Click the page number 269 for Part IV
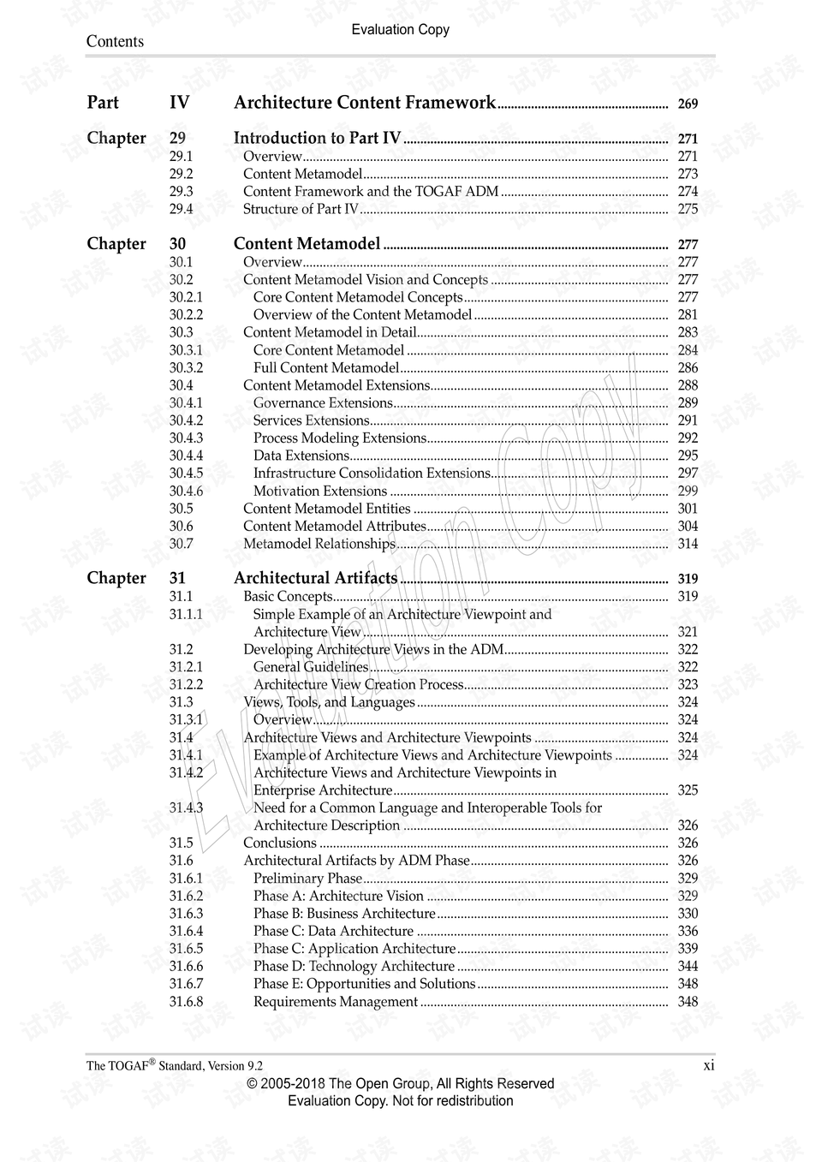point(688,104)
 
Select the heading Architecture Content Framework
point(364,103)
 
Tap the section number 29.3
point(181,192)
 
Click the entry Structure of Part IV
point(301,209)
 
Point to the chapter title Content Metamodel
point(307,244)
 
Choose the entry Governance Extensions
point(323,402)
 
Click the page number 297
point(688,473)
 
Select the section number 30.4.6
point(186,491)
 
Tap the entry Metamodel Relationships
point(319,544)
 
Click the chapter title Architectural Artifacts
point(315,578)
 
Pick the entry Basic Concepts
point(288,596)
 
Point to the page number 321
point(688,632)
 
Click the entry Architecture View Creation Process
point(358,684)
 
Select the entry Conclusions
point(280,843)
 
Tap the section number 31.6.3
point(186,914)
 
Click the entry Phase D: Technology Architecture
point(354,966)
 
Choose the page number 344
point(688,966)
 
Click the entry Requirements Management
point(336,1002)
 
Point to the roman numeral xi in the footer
point(708,1065)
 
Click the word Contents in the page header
point(115,41)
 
